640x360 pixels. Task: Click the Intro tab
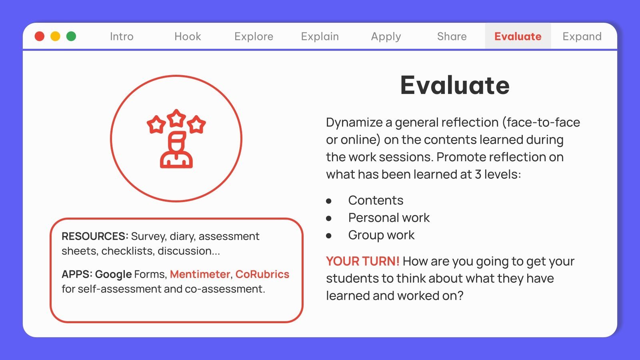tap(122, 36)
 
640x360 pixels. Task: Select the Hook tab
tap(188, 36)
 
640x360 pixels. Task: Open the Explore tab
tap(254, 36)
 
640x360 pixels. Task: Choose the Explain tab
tap(320, 36)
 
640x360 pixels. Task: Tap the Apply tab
tap(386, 36)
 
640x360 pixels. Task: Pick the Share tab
tap(452, 36)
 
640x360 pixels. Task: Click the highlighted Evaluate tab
tap(518, 36)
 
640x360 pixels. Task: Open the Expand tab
tap(582, 36)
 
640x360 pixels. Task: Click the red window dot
tap(40, 36)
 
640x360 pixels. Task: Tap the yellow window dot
tap(55, 36)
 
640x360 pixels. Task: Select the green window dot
tap(71, 36)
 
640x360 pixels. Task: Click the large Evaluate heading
tap(455, 85)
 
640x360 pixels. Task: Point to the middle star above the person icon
tap(176, 118)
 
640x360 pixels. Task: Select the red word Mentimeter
tap(200, 274)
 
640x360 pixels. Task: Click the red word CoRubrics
tap(262, 274)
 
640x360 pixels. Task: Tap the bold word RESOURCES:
tap(95, 236)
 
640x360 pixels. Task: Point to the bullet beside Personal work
tap(329, 218)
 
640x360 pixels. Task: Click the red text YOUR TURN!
tap(362, 261)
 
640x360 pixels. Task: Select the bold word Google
tap(114, 274)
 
